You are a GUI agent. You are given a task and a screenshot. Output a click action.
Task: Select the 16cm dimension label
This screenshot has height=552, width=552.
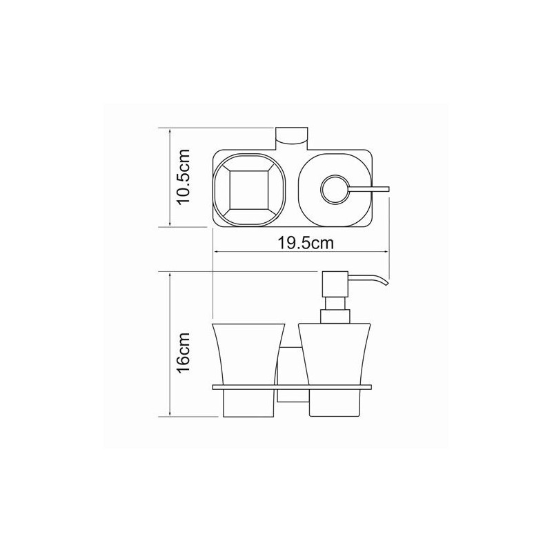tap(183, 355)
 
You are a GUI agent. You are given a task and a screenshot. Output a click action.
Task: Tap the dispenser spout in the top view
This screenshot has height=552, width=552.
tap(373, 187)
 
